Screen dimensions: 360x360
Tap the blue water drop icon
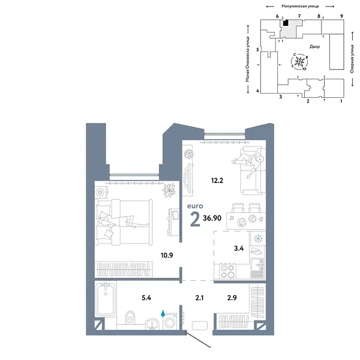click(164, 313)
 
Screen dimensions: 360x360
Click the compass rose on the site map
click(302, 62)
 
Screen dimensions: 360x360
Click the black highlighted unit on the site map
click(286, 23)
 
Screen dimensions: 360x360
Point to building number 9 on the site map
click(341, 16)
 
